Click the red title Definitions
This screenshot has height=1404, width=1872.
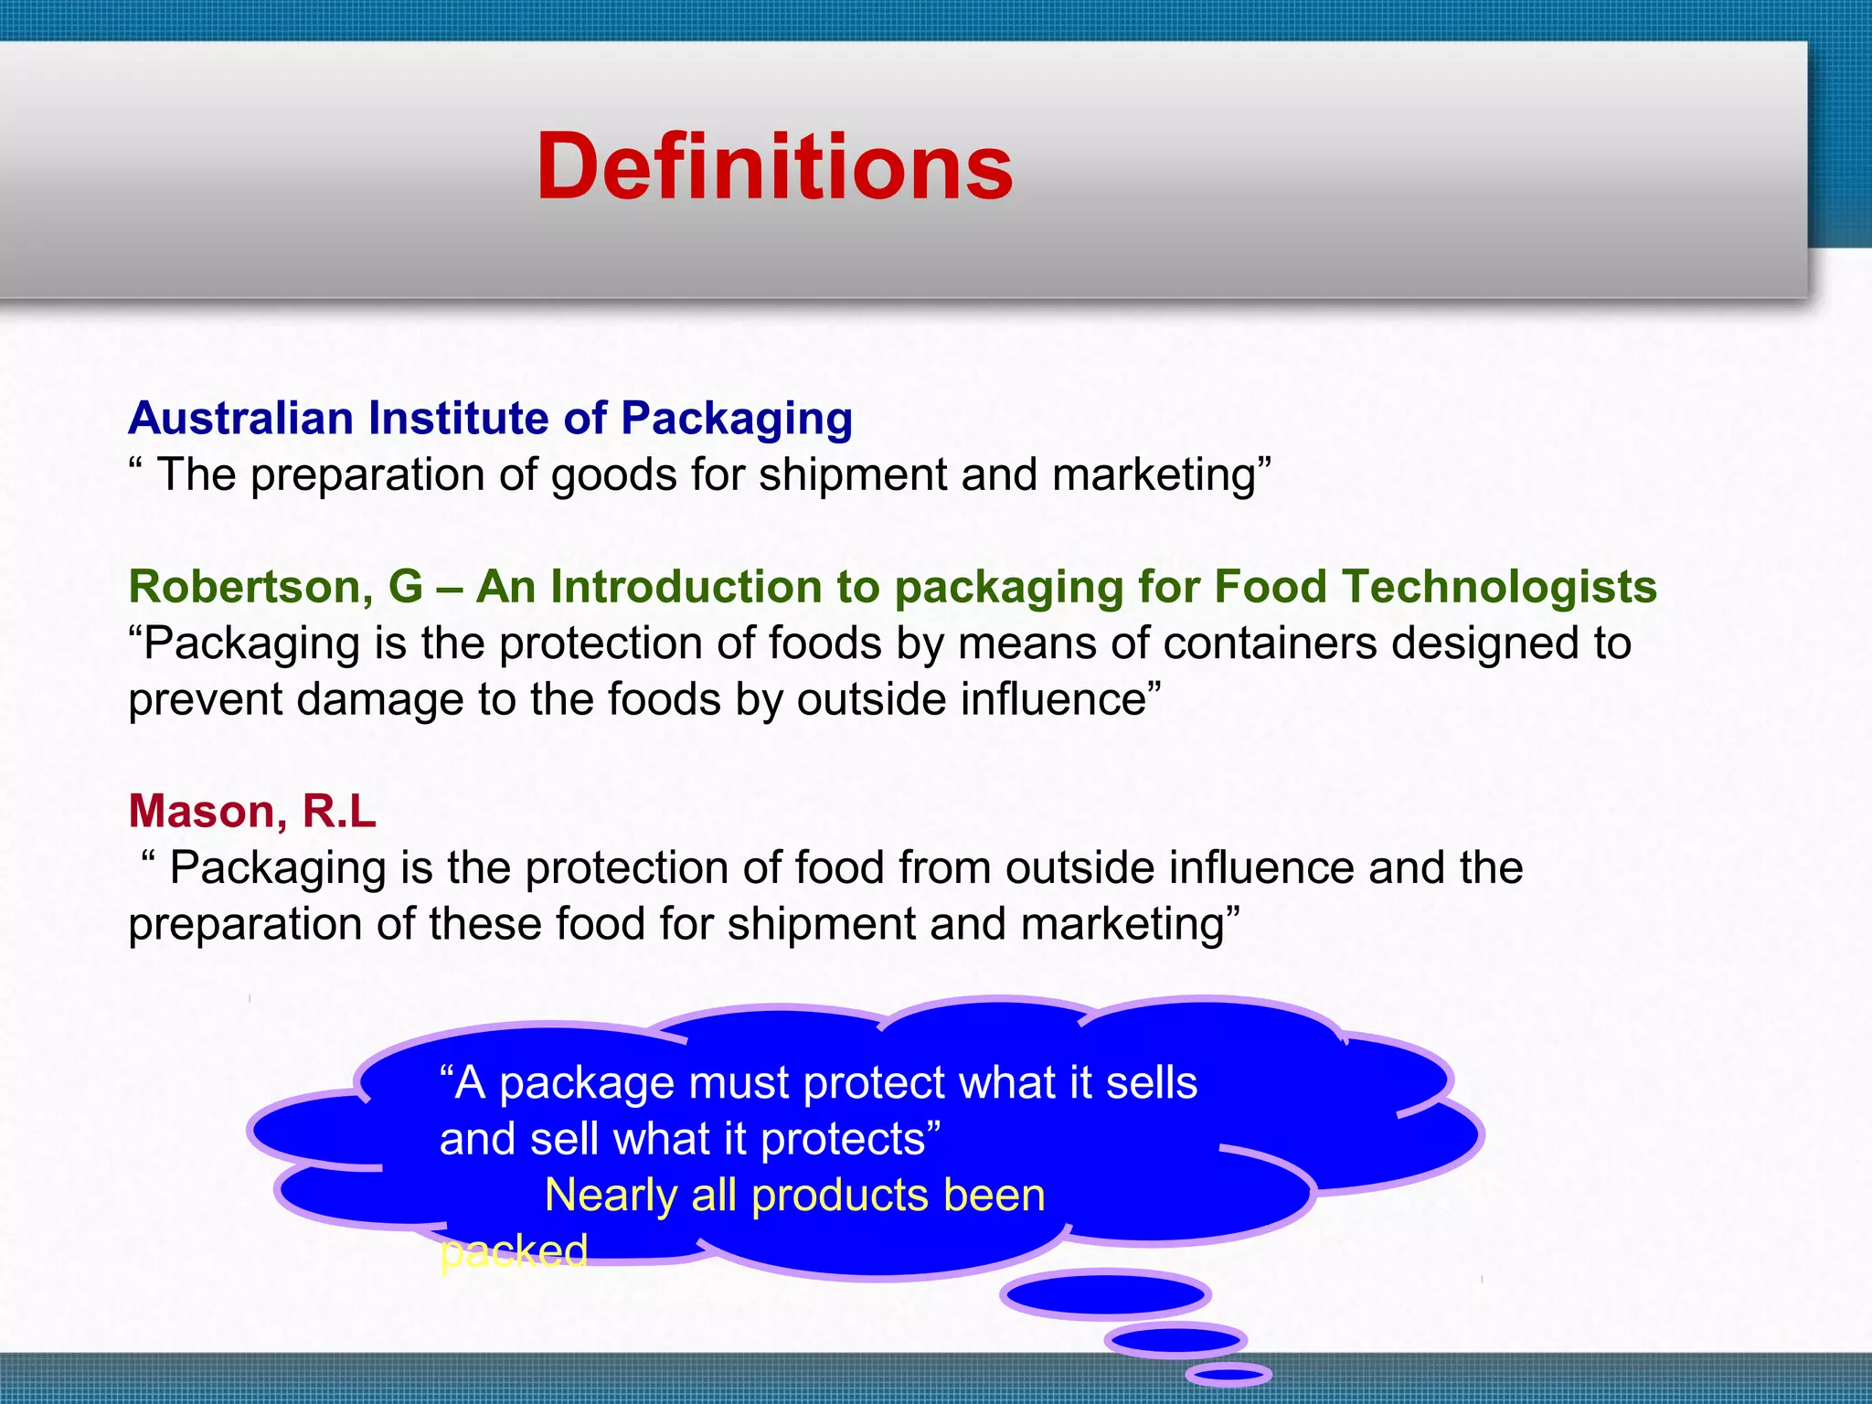774,166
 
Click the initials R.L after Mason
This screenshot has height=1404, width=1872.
339,811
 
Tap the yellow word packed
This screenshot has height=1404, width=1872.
513,1251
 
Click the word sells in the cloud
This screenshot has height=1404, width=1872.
1151,1083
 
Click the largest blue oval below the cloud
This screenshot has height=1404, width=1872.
1105,1294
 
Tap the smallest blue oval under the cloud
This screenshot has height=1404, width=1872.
1228,1374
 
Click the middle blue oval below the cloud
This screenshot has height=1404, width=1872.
1175,1341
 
